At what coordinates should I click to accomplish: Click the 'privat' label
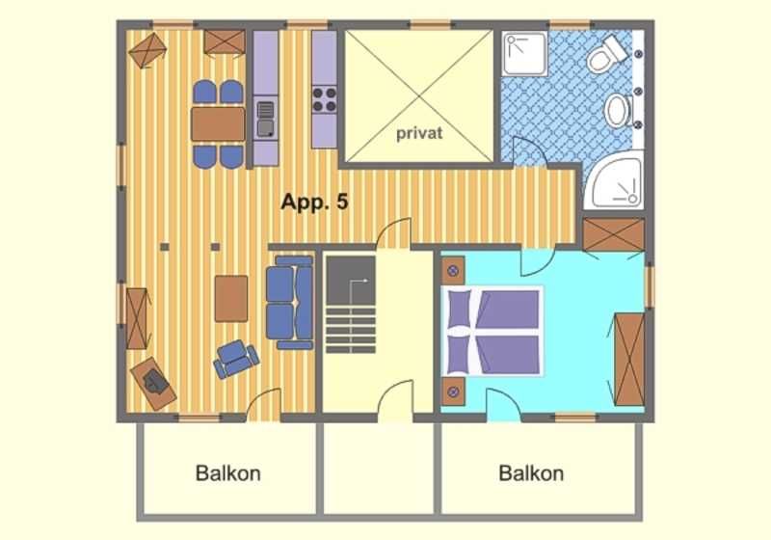point(419,133)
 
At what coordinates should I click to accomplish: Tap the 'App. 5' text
point(315,202)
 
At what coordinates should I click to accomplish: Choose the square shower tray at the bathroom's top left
point(524,54)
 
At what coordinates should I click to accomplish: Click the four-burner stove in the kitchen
point(325,99)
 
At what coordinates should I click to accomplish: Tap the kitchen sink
point(266,118)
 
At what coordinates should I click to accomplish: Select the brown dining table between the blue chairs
point(218,124)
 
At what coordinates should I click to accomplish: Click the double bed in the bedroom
point(492,331)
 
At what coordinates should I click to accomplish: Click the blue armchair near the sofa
point(236,359)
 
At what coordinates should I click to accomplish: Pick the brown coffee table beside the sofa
point(231,299)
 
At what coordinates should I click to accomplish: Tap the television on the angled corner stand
point(155,382)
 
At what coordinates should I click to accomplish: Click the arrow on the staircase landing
point(358,288)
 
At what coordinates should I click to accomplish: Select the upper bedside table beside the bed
point(453,271)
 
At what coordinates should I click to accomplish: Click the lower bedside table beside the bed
point(453,391)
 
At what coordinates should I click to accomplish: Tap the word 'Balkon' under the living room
point(228,473)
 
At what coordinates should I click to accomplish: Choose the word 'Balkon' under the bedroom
point(531,473)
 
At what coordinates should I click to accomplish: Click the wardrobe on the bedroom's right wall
point(629,359)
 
